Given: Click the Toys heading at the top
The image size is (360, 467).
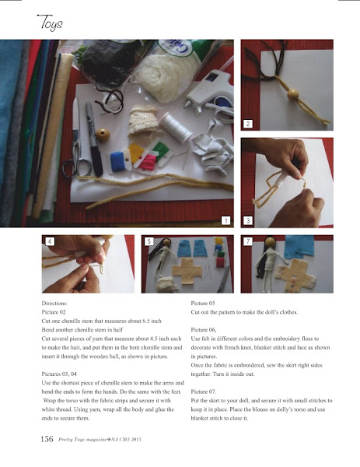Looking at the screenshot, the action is click(x=50, y=23).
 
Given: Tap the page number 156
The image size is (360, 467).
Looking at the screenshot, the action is click(x=47, y=439).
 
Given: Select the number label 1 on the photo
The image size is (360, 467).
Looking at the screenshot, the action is click(x=225, y=221).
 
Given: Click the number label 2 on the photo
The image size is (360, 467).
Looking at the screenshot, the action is click(x=248, y=124).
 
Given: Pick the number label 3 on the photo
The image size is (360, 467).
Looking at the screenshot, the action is click(x=248, y=221).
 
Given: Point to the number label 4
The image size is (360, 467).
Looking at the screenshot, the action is click(x=50, y=241).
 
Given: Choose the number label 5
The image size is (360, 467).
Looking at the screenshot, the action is click(x=149, y=241).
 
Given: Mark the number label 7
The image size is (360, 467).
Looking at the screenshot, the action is click(x=248, y=241).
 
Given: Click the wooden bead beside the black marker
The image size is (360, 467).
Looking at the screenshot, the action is click(x=103, y=135).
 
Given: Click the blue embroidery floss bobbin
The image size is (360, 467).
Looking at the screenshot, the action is click(x=119, y=161).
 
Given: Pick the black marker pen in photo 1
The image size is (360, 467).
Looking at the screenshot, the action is click(x=94, y=139).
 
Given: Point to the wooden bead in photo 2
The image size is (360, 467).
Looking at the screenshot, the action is click(x=293, y=95).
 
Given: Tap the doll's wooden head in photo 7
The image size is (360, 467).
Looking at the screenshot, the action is click(x=270, y=241).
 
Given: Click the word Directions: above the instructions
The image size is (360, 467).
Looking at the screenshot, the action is click(x=54, y=304).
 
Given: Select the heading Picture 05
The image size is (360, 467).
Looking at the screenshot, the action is click(x=203, y=304).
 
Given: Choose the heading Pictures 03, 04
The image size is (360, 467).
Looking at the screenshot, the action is click(x=59, y=374).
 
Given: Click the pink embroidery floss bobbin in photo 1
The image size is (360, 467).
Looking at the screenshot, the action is click(x=148, y=163).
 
